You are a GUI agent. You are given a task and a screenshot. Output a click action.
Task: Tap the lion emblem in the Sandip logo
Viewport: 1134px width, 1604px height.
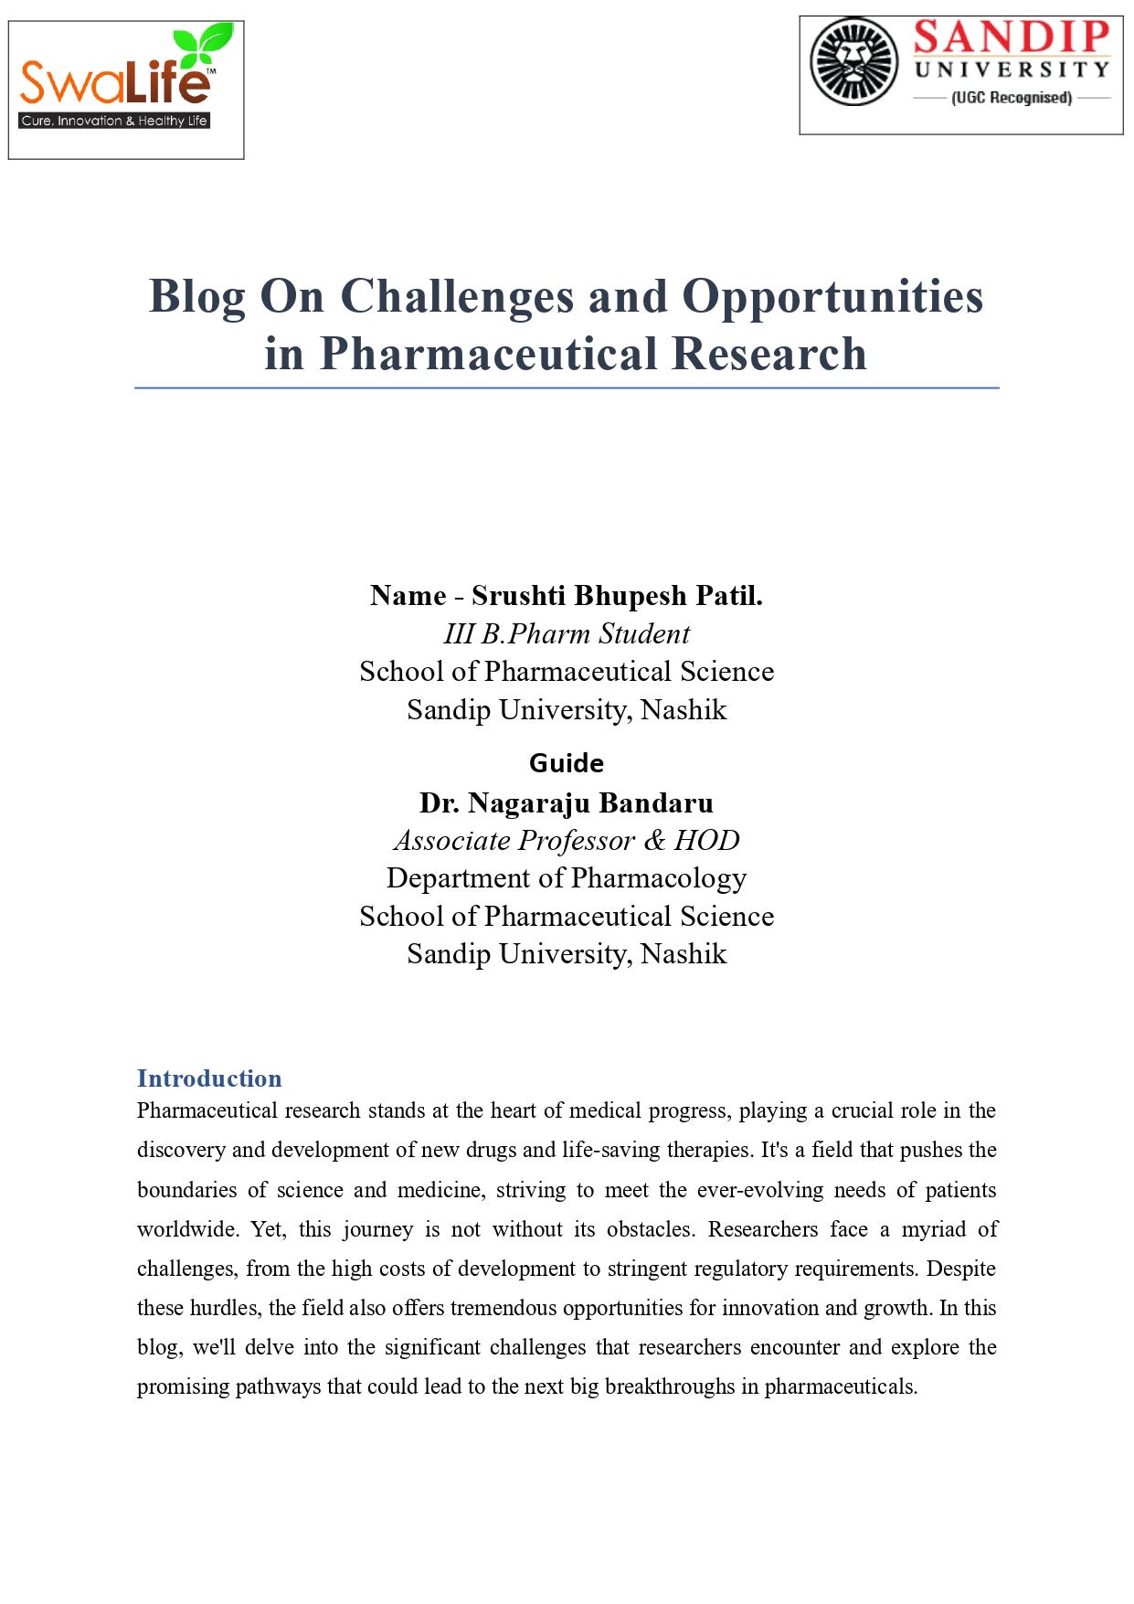pyautogui.click(x=854, y=62)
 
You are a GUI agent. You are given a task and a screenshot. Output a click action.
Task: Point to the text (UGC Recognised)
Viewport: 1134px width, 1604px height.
pyautogui.click(x=1012, y=98)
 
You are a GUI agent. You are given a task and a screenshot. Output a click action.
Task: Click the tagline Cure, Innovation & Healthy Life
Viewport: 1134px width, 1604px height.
pyautogui.click(x=114, y=121)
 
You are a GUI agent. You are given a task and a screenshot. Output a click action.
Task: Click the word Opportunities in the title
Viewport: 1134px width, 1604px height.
pyautogui.click(x=832, y=297)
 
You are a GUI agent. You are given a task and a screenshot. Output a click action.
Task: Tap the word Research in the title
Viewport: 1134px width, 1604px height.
pyautogui.click(x=768, y=355)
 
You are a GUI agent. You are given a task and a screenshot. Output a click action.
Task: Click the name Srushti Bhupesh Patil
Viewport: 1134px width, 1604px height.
pyautogui.click(x=617, y=596)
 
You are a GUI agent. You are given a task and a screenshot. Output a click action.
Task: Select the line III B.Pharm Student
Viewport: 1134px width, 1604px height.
pyautogui.click(x=567, y=633)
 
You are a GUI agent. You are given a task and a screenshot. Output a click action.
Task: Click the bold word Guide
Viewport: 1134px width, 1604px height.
pyautogui.click(x=567, y=763)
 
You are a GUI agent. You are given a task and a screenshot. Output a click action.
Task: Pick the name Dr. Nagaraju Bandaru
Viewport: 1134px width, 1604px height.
pyautogui.click(x=567, y=802)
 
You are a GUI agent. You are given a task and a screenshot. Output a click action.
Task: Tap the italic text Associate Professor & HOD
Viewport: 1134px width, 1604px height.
pyautogui.click(x=567, y=840)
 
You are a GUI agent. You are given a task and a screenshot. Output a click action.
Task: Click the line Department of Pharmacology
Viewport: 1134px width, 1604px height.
pyautogui.click(x=567, y=878)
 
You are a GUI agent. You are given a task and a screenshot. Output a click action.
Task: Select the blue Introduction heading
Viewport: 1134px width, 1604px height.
pyautogui.click(x=209, y=1078)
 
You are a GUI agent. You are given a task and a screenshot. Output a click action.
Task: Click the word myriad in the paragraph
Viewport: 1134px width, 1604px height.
pyautogui.click(x=933, y=1229)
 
